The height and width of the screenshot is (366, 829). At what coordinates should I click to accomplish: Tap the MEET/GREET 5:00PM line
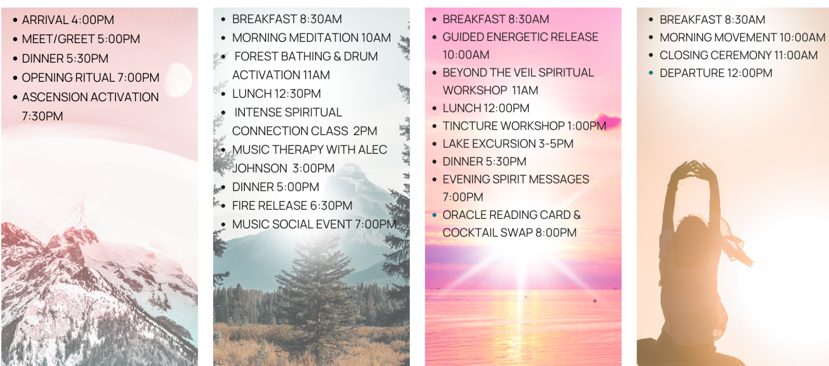[81, 39]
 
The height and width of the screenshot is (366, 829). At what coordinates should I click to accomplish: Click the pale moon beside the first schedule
[179, 79]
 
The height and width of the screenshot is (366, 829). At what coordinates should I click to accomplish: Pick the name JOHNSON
[260, 168]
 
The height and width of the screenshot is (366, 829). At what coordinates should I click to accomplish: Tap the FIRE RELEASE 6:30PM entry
[292, 206]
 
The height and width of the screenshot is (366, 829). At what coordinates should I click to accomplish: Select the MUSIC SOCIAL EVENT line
[314, 224]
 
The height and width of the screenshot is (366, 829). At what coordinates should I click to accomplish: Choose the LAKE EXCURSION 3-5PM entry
[508, 144]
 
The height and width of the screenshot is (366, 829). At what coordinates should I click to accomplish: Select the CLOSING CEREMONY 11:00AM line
[738, 56]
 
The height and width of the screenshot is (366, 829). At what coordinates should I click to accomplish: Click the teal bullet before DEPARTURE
[651, 73]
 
